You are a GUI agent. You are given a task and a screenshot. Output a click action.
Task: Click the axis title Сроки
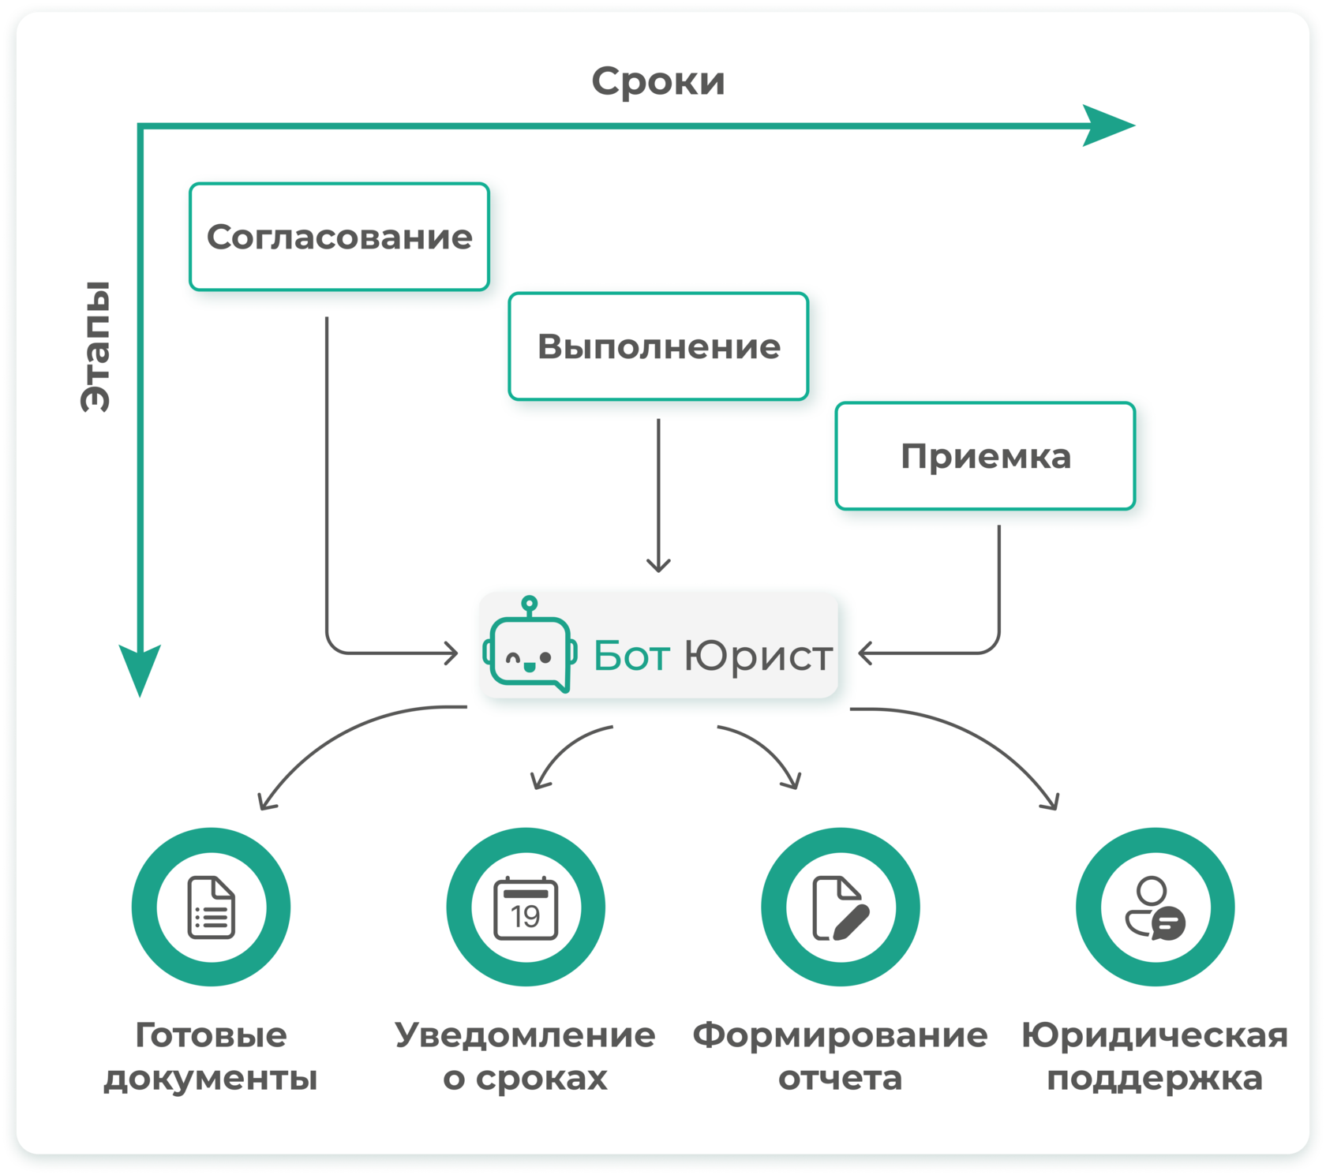pyautogui.click(x=658, y=81)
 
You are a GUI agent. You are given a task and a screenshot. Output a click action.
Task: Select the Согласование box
pyautogui.click(x=339, y=237)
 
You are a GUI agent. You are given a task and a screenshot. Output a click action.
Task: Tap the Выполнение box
pyautogui.click(x=659, y=346)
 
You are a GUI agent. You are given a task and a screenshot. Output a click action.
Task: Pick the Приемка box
pyautogui.click(x=986, y=456)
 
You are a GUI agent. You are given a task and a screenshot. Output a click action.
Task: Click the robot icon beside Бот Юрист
pyautogui.click(x=530, y=645)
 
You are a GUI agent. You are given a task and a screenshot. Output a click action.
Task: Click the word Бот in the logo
pyautogui.click(x=631, y=656)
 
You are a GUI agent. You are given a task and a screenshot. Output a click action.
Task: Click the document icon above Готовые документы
pyautogui.click(x=212, y=907)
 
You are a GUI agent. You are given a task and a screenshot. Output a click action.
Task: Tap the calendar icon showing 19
pyautogui.click(x=526, y=908)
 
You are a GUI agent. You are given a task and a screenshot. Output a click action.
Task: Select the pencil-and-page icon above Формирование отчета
pyautogui.click(x=841, y=908)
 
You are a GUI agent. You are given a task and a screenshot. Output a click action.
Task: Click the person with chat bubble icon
pyautogui.click(x=1156, y=908)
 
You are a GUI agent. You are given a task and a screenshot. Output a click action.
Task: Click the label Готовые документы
pyautogui.click(x=211, y=1056)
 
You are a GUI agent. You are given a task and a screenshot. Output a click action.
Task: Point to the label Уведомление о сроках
pyautogui.click(x=526, y=1056)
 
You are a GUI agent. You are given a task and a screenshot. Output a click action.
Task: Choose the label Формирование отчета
pyautogui.click(x=841, y=1056)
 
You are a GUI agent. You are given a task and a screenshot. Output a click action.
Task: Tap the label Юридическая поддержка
pyautogui.click(x=1156, y=1056)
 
